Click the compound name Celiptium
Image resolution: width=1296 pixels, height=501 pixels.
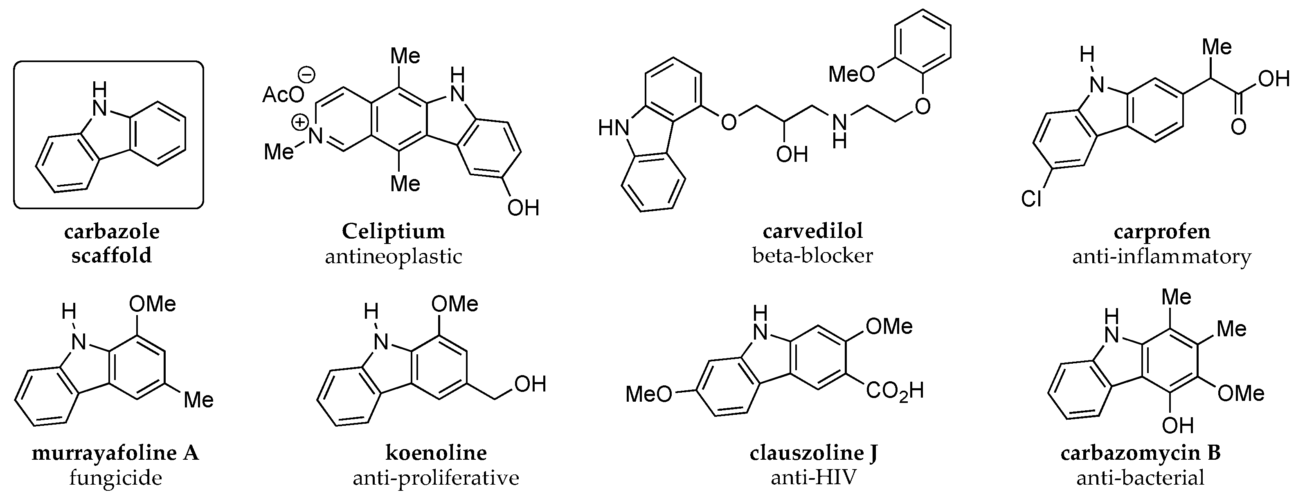[394, 232]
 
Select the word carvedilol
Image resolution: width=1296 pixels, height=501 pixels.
[812, 231]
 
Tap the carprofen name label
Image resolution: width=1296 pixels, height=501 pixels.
[1162, 232]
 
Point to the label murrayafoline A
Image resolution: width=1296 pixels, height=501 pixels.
[115, 453]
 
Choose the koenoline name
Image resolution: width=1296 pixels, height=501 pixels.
[436, 453]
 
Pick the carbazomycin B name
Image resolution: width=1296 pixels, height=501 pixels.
[1141, 453]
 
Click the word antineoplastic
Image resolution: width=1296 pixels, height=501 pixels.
[394, 257]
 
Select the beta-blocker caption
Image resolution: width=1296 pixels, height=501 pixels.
[812, 256]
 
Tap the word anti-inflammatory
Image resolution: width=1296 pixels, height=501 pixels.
[1162, 257]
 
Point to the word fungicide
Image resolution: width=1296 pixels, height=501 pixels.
[115, 478]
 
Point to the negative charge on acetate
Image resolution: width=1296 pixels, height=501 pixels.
[307, 75]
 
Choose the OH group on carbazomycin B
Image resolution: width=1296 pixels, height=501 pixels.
[1178, 426]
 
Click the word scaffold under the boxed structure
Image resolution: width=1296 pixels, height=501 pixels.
[111, 256]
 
